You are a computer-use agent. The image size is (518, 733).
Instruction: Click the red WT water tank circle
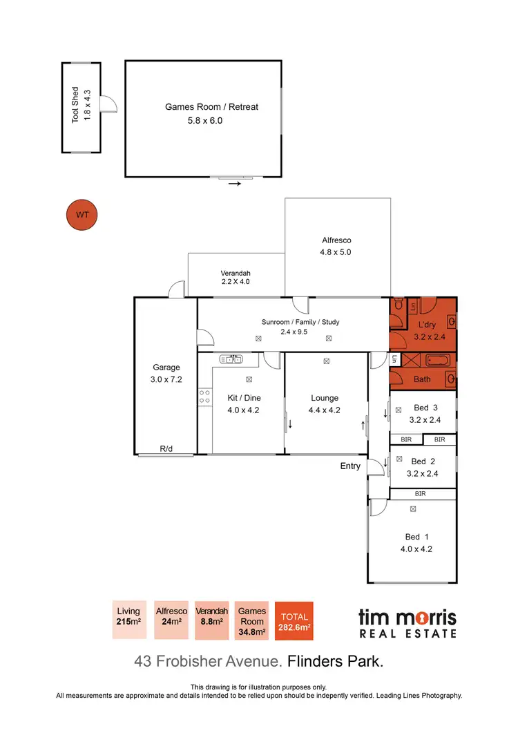pyautogui.click(x=82, y=214)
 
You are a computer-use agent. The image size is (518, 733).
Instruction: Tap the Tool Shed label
pyautogui.click(x=76, y=105)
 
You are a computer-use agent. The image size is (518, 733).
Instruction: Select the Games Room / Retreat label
pyautogui.click(x=211, y=107)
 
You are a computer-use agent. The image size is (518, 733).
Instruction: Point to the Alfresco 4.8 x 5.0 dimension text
pyautogui.click(x=336, y=252)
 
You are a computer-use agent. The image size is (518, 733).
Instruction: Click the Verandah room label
pyautogui.click(x=235, y=273)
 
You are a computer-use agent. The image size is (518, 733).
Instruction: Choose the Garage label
pyautogui.click(x=166, y=368)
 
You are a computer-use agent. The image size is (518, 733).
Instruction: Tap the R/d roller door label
pyautogui.click(x=166, y=449)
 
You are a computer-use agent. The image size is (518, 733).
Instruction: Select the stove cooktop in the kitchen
pyautogui.click(x=204, y=397)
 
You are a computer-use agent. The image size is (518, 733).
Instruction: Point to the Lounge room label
pyautogui.click(x=325, y=398)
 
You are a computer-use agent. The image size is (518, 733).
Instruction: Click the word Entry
pyautogui.click(x=350, y=466)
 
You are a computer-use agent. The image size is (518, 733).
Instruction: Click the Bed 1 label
pyautogui.click(x=412, y=537)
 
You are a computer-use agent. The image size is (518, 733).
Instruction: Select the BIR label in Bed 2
pyautogui.click(x=420, y=494)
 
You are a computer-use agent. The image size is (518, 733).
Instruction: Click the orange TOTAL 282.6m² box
pyautogui.click(x=294, y=621)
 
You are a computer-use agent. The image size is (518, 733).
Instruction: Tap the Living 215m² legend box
pyautogui.click(x=128, y=620)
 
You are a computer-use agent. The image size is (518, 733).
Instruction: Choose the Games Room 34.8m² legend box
pyautogui.click(x=252, y=620)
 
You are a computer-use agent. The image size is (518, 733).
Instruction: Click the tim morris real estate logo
pyautogui.click(x=407, y=622)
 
